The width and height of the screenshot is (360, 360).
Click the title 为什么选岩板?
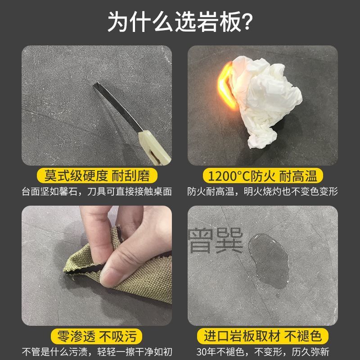pos(180,21)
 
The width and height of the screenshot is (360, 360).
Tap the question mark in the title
pos(246,22)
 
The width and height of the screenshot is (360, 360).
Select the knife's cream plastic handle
pos(154,148)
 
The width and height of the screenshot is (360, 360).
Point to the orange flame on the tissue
pos(226,85)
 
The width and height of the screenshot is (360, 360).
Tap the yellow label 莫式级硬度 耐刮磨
pos(97,176)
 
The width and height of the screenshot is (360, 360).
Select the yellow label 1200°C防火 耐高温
pos(263,176)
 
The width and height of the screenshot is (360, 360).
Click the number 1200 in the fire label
pos(222,176)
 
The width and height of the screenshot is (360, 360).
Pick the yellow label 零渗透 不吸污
pos(97,336)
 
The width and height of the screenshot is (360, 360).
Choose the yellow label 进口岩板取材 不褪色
pos(263,336)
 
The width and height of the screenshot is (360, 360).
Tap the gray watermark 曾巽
pos(216,240)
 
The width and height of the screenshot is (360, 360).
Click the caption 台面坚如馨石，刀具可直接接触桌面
pos(97,192)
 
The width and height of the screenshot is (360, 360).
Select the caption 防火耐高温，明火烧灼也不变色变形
pos(263,192)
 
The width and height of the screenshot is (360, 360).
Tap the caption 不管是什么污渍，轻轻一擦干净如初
pos(97,352)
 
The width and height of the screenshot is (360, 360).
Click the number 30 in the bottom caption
pos(202,352)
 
